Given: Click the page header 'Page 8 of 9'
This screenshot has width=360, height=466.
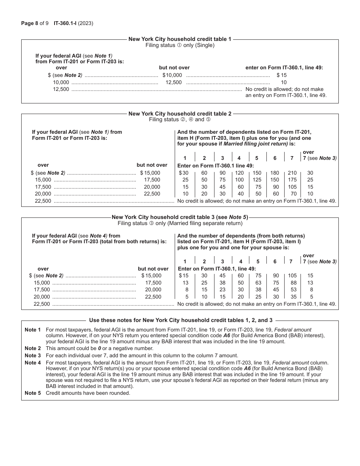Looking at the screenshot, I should click(35, 23).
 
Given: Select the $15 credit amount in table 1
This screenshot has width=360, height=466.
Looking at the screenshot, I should click(282, 75).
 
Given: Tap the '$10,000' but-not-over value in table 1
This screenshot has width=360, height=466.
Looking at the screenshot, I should click(172, 75).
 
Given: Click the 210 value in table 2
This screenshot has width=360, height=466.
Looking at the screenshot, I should click(292, 173).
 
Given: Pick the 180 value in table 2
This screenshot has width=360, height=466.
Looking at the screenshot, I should click(275, 173).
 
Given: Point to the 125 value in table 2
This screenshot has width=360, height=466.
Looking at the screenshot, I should click(257, 180).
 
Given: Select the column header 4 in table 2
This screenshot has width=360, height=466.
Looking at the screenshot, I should click(239, 158).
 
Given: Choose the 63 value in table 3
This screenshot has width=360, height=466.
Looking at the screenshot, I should click(258, 283).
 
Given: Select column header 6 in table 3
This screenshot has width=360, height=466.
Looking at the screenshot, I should click(275, 261).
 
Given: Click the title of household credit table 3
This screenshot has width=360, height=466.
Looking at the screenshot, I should click(180, 217).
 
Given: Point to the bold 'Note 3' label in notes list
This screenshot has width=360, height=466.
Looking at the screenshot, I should click(33, 355).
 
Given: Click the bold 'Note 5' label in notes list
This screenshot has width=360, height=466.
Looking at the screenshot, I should click(33, 393).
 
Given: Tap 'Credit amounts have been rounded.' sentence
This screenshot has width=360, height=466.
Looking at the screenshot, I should click(88, 393).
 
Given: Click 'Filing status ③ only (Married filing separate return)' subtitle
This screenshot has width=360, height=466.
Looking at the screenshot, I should click(180, 223).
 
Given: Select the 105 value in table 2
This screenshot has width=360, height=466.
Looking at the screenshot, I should click(292, 187).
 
